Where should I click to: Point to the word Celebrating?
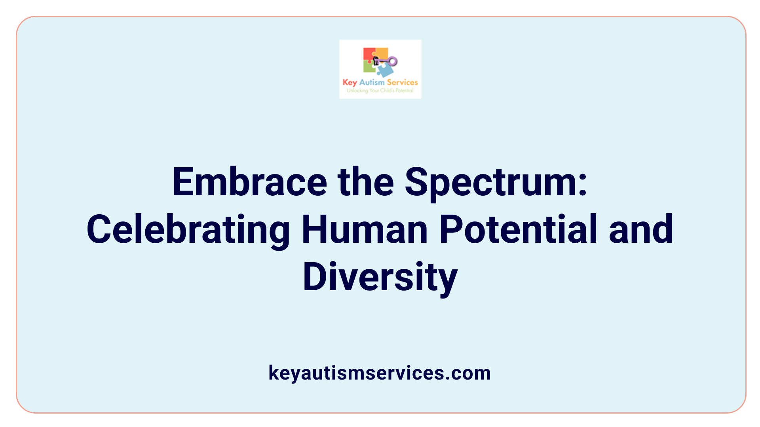point(188,230)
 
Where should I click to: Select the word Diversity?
point(380,278)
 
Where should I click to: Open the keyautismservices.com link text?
point(380,373)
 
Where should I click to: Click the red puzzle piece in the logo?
point(369,54)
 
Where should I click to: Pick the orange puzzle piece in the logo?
point(382,53)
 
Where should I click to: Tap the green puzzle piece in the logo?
point(369,68)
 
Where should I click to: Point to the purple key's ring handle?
point(393,61)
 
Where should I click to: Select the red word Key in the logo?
point(350,83)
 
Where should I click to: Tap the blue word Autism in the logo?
point(372,82)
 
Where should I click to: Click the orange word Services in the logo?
point(402,82)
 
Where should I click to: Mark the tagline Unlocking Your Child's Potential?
point(380,91)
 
